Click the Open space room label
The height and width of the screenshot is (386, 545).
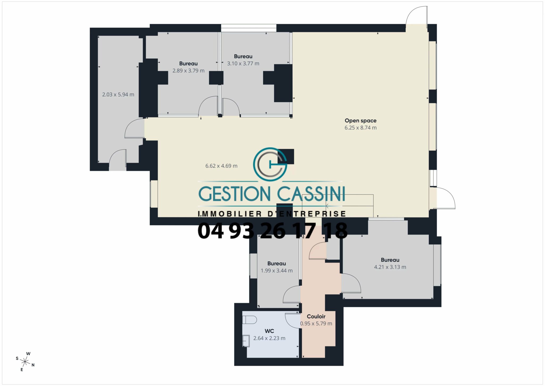361,120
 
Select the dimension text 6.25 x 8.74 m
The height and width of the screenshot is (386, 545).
361,128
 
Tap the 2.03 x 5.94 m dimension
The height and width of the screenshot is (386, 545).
118,95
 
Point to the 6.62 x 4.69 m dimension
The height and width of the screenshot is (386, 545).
221,166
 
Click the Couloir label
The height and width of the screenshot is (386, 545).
316,316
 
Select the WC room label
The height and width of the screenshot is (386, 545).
269,331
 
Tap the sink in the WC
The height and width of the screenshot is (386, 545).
246,341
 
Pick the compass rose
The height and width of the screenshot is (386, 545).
25,362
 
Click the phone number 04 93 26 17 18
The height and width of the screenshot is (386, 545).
272,231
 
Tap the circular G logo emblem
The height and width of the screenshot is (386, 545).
270,164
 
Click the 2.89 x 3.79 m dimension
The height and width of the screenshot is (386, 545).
188,71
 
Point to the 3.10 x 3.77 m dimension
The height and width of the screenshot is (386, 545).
243,63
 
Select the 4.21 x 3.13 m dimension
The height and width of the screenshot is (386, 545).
390,267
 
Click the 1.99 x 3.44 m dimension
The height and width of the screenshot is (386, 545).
277,271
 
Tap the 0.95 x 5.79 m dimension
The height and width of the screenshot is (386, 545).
316,324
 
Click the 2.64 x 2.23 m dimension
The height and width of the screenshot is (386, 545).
269,338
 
